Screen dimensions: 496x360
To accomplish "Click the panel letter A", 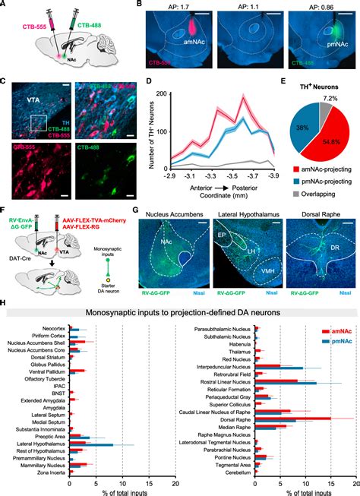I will [x=4, y=5].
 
